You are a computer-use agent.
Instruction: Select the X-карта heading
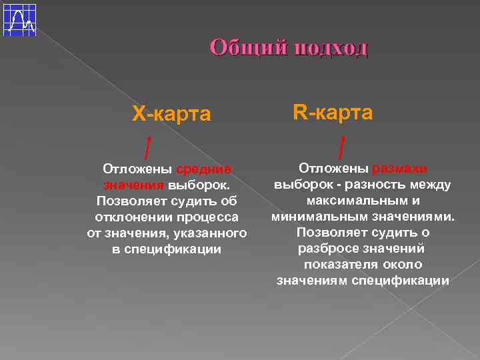point(171,115)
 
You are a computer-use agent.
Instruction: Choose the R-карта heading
point(333,113)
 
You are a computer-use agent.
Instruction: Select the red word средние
point(204,169)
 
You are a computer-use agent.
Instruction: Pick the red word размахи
point(400,168)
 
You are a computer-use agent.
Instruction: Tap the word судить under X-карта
point(187,201)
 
